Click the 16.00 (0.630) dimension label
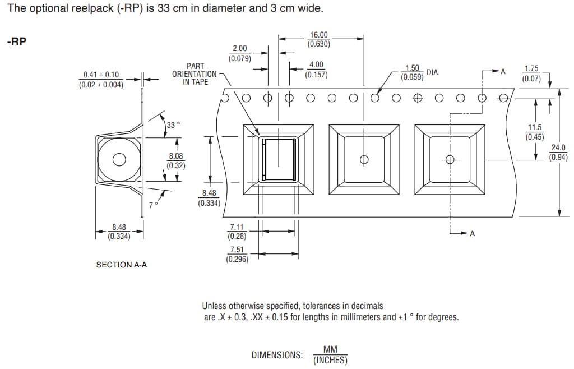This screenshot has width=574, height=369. point(319,39)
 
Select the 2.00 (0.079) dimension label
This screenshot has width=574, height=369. point(239,53)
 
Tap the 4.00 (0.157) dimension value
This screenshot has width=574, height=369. point(316,70)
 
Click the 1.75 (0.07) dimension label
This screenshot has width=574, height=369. point(531,73)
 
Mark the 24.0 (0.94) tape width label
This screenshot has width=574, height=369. point(558,152)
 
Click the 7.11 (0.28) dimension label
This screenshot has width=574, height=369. point(237,232)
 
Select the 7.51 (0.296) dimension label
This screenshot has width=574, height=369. point(237,254)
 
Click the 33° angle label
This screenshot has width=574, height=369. point(173,125)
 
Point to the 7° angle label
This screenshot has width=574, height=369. point(154,205)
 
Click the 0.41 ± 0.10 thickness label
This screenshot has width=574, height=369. point(101,80)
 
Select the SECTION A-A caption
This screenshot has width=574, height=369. point(122,265)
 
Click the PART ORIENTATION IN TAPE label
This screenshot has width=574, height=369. point(195,74)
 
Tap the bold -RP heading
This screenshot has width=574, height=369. point(16,43)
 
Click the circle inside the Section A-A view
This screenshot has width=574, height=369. point(119,160)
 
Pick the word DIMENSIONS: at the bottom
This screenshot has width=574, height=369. point(277,355)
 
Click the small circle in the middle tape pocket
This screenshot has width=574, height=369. point(364,160)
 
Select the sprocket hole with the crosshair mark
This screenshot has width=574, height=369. point(417,98)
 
